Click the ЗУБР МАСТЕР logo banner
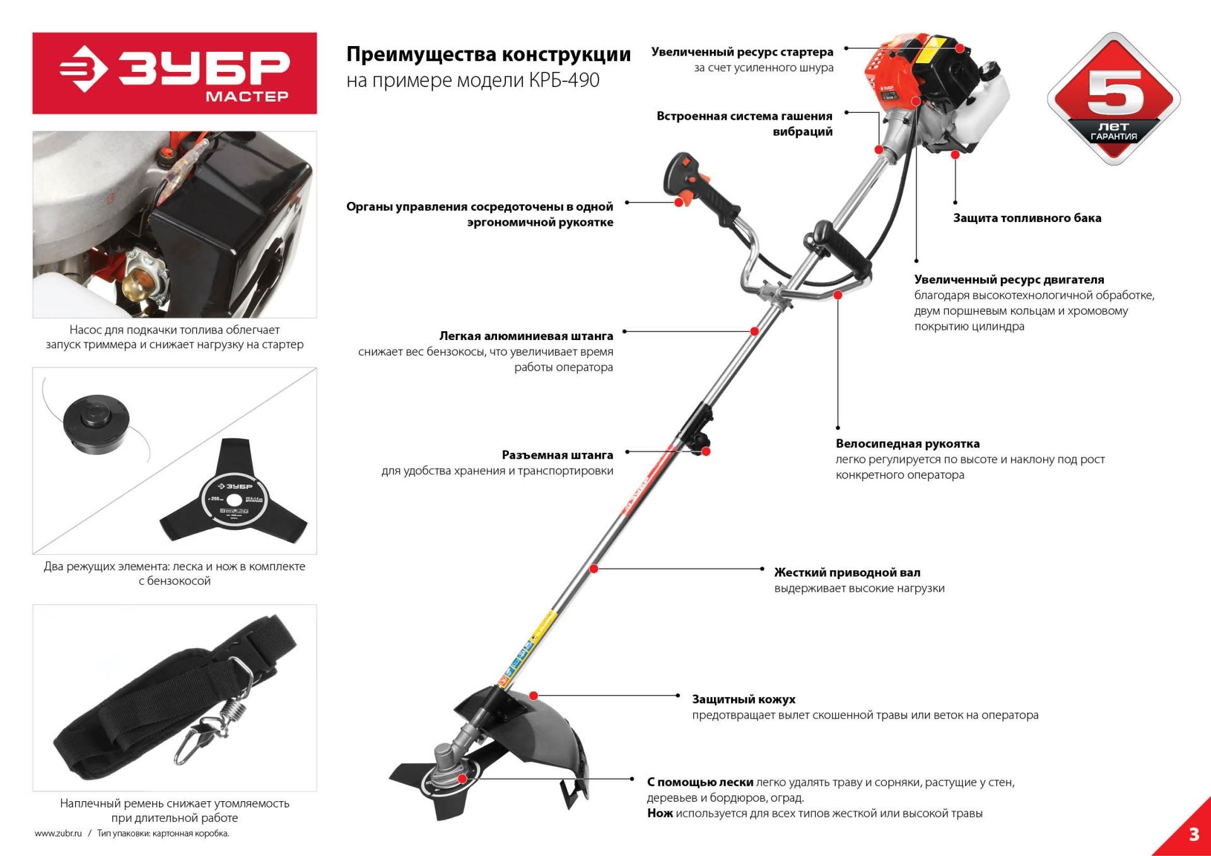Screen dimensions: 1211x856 tap(175, 73)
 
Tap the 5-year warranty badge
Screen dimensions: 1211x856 tap(1113, 99)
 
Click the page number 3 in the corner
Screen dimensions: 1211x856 tap(1193, 834)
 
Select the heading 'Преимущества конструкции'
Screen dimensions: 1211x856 tap(488, 54)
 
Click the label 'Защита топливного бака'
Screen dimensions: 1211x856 tap(1027, 218)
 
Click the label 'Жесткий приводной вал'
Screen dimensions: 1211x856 tap(847, 573)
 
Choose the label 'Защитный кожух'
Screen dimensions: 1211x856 tap(744, 700)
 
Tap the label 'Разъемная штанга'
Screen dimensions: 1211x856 tap(558, 455)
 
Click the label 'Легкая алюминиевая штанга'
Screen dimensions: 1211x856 tap(526, 336)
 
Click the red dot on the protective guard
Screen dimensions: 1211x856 tap(534, 696)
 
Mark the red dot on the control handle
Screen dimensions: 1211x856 tap(679, 202)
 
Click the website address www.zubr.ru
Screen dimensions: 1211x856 tap(59, 834)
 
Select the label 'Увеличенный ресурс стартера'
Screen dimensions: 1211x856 tap(742, 52)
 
